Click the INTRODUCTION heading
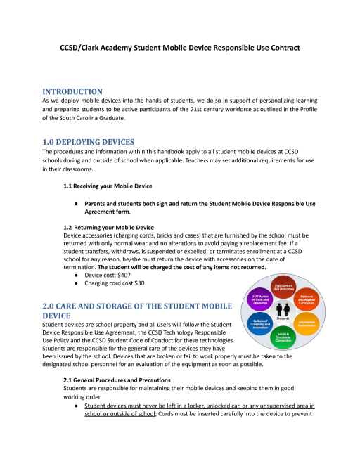point(72,91)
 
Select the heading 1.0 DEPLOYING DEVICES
point(88,142)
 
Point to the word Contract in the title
point(281,48)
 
